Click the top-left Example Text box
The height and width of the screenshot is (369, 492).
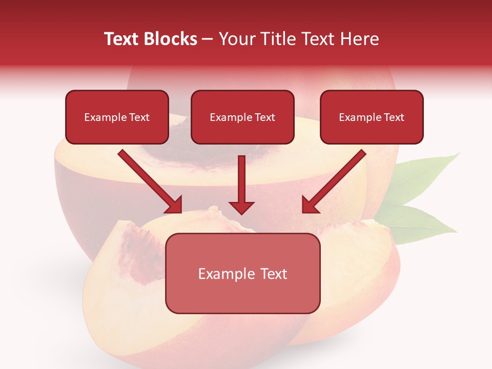117,117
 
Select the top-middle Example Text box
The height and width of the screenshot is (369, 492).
242,117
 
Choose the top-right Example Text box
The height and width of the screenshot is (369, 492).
372,117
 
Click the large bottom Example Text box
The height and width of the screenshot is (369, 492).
242,273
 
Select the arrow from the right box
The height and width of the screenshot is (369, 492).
336,179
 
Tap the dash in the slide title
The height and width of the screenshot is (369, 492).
208,39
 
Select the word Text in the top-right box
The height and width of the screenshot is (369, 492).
394,117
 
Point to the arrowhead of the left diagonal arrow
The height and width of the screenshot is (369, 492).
174,205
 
